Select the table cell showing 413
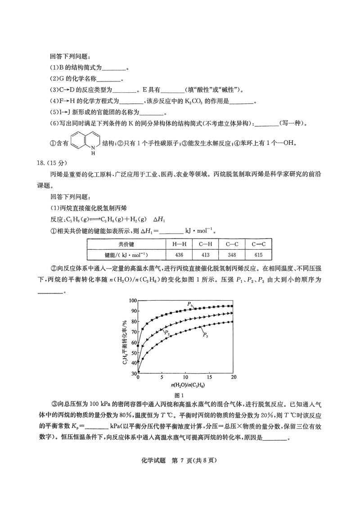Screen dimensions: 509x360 pyautogui.click(x=205, y=255)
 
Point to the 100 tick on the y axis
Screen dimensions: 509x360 pyautogui.click(x=132, y=301)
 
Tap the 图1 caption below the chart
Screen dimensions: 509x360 pyautogui.click(x=180, y=395)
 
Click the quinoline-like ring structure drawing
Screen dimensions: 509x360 pyautogui.click(x=85, y=142)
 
